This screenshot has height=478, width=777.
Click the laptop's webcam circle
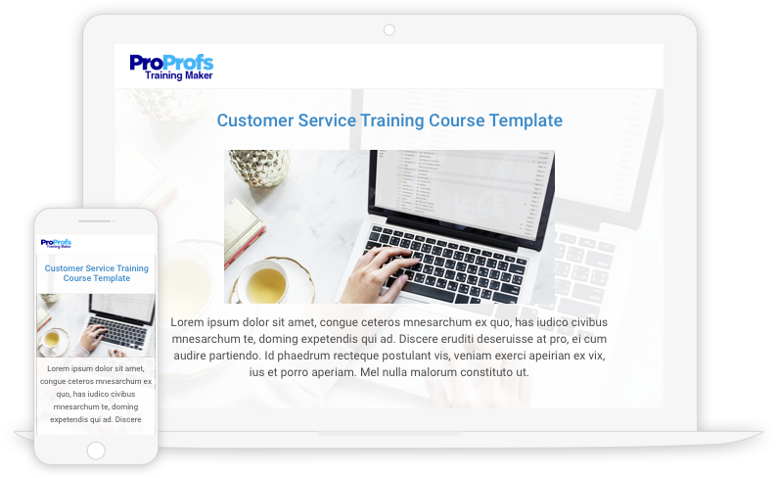point(389,30)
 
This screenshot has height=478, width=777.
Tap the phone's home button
point(96,451)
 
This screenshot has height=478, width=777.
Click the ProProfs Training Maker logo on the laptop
point(171,67)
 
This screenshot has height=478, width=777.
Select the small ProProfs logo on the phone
point(56,243)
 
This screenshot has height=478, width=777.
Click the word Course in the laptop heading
point(456,120)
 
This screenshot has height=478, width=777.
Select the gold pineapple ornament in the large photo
point(259,167)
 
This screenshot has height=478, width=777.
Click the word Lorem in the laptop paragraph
point(187,322)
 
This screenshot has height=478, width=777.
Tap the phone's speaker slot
point(94,221)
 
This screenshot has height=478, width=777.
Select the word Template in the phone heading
point(112,278)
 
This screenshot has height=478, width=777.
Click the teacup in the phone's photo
point(52,340)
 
